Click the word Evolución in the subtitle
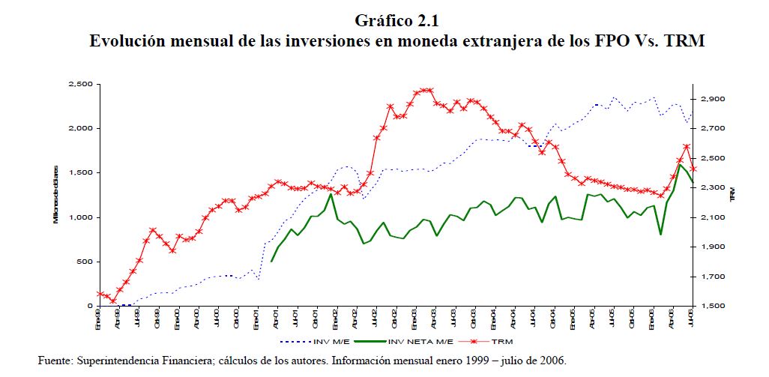[127, 41]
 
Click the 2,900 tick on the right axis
[714, 99]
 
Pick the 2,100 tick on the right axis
[714, 217]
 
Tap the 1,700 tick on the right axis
[714, 277]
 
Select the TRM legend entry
[497, 341]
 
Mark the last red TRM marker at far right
[693, 169]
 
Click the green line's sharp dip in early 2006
[660, 235]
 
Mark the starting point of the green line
[271, 261]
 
